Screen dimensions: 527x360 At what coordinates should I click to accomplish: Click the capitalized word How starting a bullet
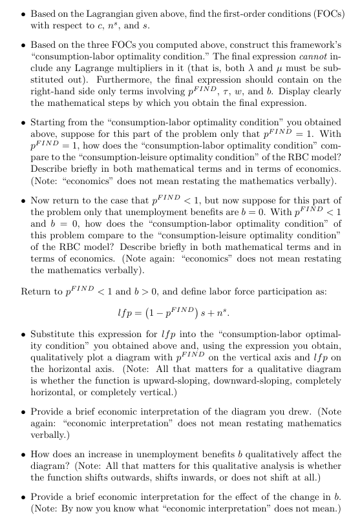[41, 454]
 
